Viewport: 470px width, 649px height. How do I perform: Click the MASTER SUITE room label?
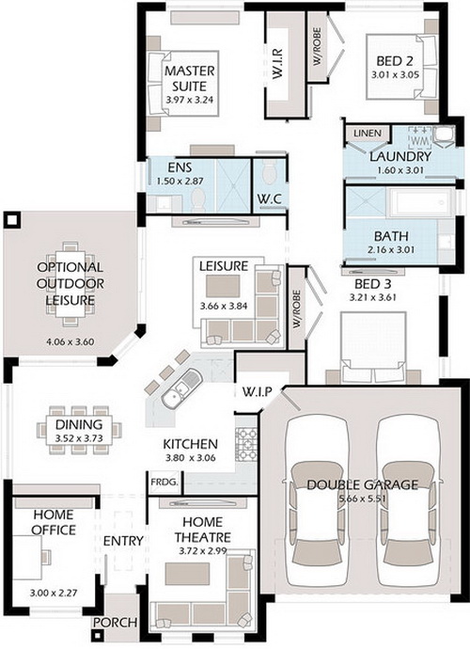click(x=190, y=78)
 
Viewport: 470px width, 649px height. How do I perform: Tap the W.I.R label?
click(x=277, y=64)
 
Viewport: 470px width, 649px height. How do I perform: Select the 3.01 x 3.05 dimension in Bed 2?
click(x=395, y=75)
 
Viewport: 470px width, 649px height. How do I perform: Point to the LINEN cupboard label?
click(x=368, y=134)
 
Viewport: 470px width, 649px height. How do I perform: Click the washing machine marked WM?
click(x=420, y=138)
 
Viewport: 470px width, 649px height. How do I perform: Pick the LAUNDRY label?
click(x=400, y=156)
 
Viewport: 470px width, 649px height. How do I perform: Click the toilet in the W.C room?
click(x=270, y=171)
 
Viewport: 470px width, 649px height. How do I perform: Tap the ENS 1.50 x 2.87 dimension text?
click(x=180, y=182)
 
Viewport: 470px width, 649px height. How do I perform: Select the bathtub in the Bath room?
click(x=419, y=203)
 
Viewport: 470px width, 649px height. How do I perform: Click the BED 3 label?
click(x=373, y=284)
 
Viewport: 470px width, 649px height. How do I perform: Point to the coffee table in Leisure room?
click(x=223, y=287)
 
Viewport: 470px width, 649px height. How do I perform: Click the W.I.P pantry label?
click(x=257, y=391)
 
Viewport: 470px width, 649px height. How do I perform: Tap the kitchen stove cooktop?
click(x=246, y=445)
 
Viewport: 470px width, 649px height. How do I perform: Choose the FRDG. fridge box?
click(x=164, y=483)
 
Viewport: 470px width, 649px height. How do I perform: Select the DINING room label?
click(x=79, y=424)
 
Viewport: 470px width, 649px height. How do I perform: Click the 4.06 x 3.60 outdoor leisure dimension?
click(x=70, y=341)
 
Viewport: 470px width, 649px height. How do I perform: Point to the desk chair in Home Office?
click(x=46, y=556)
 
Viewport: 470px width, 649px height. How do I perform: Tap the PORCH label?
click(x=115, y=623)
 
